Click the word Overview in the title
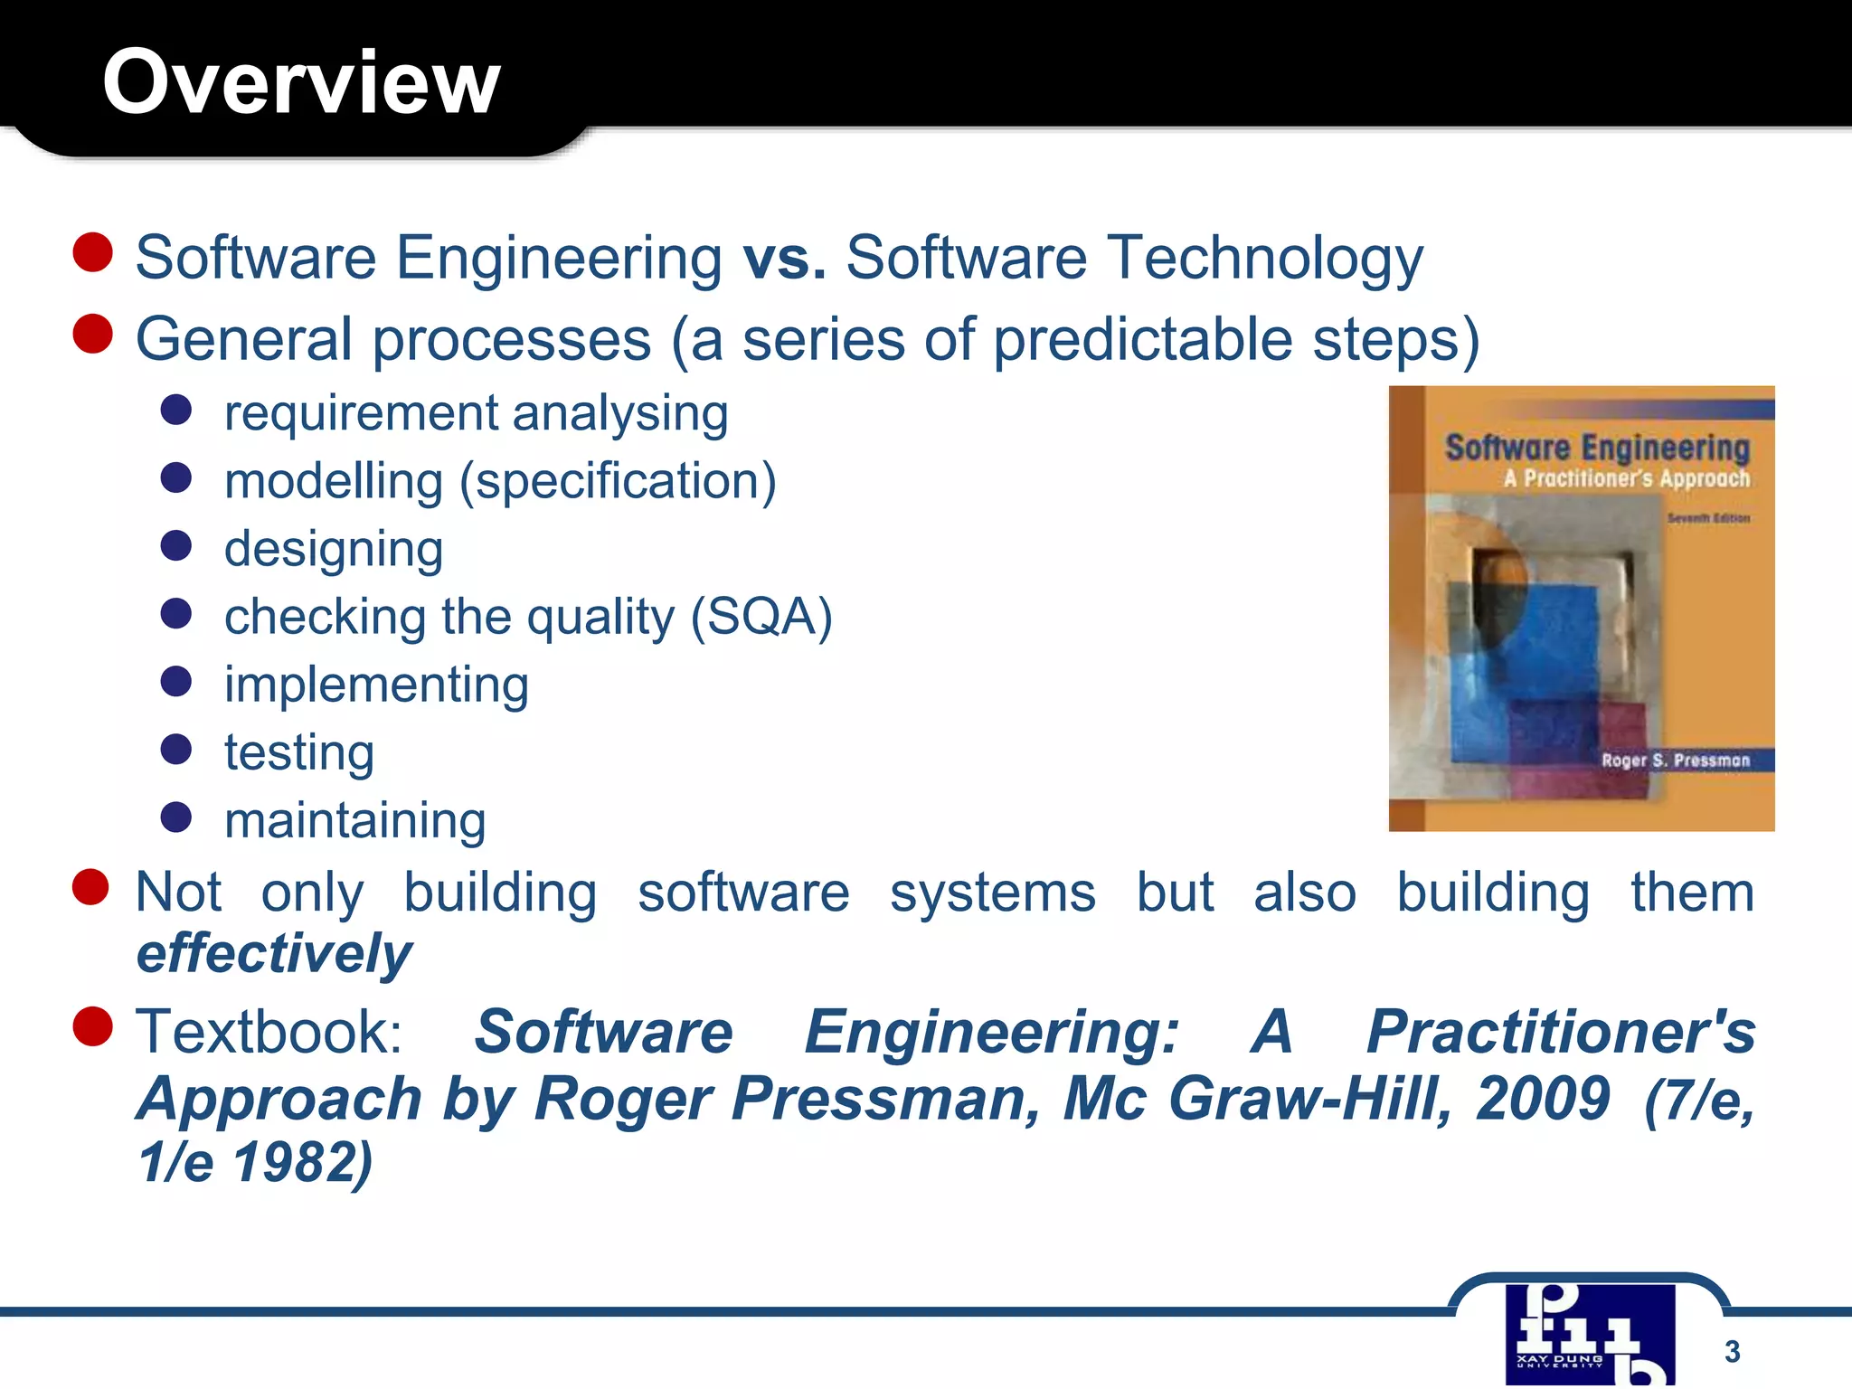pyautogui.click(x=301, y=82)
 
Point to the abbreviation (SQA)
pyautogui.click(x=761, y=618)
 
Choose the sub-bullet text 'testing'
pyautogui.click(x=299, y=753)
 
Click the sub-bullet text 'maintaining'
pyautogui.click(x=355, y=821)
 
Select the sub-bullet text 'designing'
pyautogui.click(x=334, y=550)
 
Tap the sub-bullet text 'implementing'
pyautogui.click(x=376, y=685)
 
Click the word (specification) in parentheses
pyautogui.click(x=619, y=482)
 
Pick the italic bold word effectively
pyautogui.click(x=274, y=954)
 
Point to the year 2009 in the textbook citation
pyautogui.click(x=1543, y=1100)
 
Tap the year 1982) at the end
pyautogui.click(x=302, y=1163)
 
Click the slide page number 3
pyautogui.click(x=1732, y=1351)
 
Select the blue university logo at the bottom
pyautogui.click(x=1590, y=1335)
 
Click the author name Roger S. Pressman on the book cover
pyautogui.click(x=1676, y=761)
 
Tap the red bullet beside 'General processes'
pyautogui.click(x=92, y=334)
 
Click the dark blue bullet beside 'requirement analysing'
pyautogui.click(x=176, y=410)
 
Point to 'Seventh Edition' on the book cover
pyautogui.click(x=1708, y=519)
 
